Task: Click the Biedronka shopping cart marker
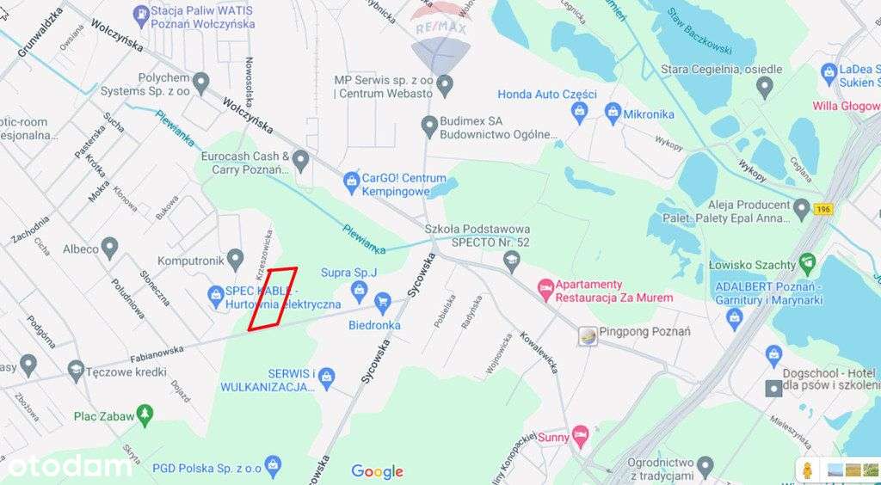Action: pyautogui.click(x=382, y=301)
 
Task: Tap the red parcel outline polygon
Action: pyautogui.click(x=273, y=298)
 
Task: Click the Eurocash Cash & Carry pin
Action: pyautogui.click(x=300, y=160)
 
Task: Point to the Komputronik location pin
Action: pyautogui.click(x=234, y=260)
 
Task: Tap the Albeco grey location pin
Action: pyautogui.click(x=109, y=249)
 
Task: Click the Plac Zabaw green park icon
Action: pyautogui.click(x=145, y=416)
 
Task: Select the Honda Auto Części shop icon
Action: pyautogui.click(x=580, y=110)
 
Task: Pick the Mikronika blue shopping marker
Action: pyautogui.click(x=613, y=112)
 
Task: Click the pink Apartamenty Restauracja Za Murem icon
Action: pyautogui.click(x=545, y=290)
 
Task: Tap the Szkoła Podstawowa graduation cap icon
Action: pyautogui.click(x=512, y=259)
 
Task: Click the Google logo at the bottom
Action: pyautogui.click(x=377, y=471)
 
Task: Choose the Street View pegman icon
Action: pyautogui.click(x=808, y=470)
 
